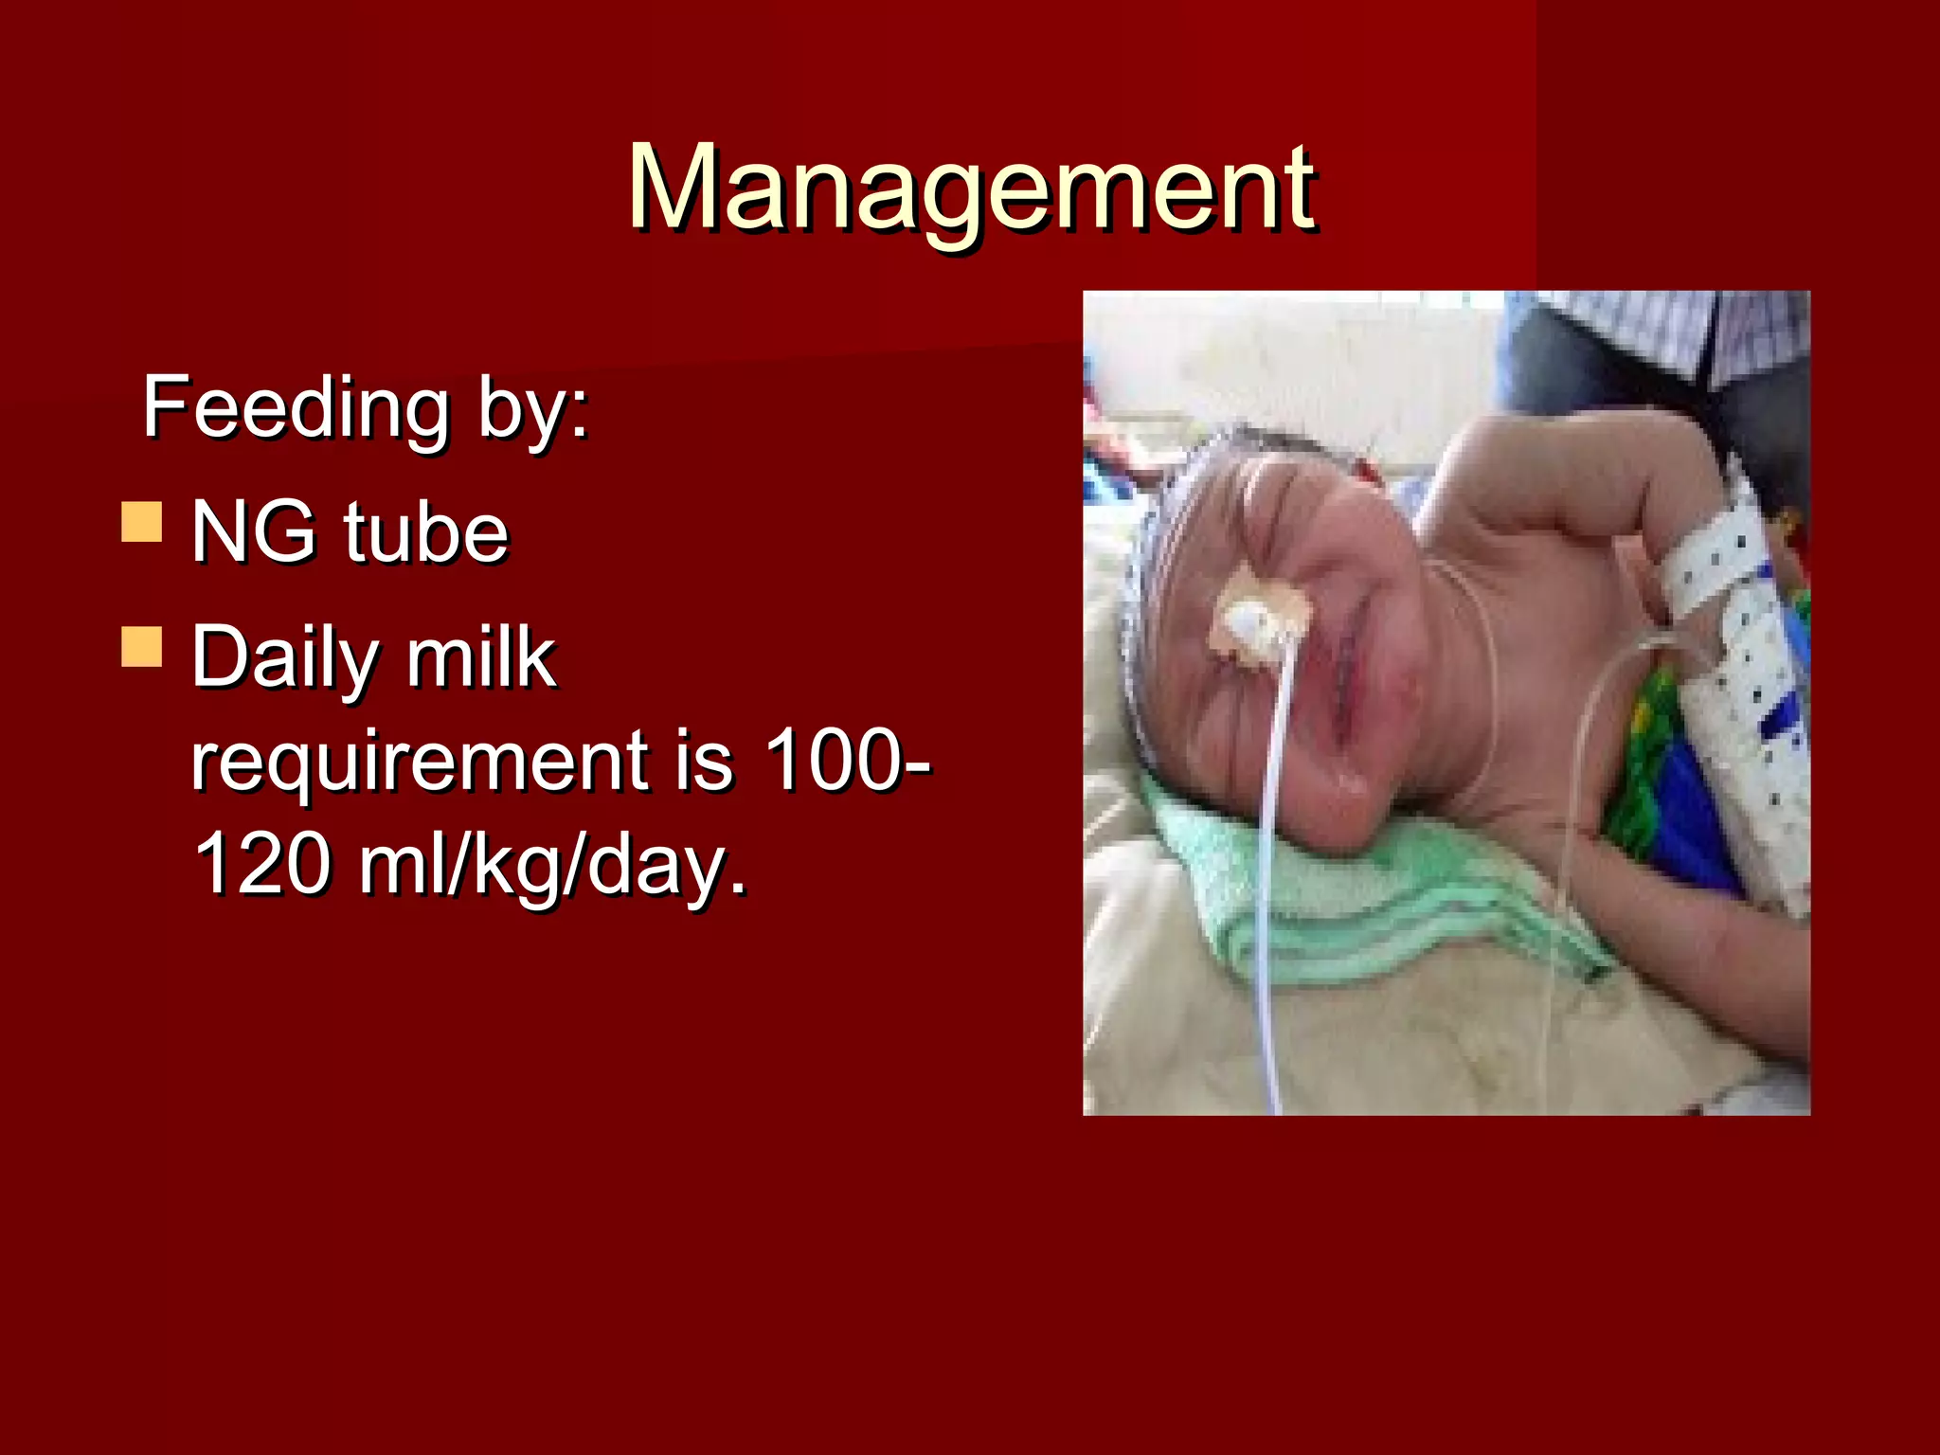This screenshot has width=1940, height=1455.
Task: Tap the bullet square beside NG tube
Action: point(142,522)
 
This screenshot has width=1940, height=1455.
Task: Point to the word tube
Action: point(425,531)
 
